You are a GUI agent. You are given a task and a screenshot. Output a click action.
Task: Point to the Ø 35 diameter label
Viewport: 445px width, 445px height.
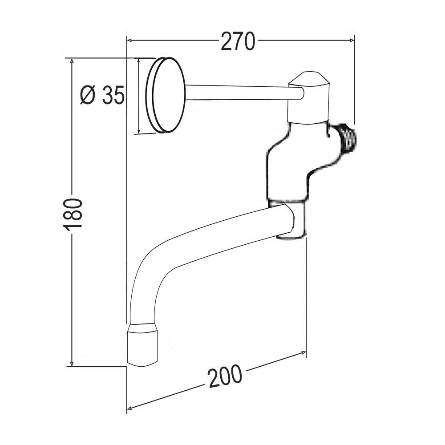[102, 95]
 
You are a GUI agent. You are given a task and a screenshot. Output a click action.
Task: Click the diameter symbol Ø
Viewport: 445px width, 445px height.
[88, 95]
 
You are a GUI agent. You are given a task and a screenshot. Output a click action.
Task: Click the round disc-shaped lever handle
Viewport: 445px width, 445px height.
[166, 95]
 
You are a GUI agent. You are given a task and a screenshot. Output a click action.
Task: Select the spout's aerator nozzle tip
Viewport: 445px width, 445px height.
[142, 345]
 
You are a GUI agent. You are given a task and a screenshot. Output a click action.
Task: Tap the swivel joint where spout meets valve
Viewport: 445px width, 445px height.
[291, 220]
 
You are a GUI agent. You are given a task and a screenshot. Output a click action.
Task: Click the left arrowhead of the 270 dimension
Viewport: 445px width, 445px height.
[130, 40]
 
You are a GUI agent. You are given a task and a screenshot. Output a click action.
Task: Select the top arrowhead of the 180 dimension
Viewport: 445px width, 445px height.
[72, 61]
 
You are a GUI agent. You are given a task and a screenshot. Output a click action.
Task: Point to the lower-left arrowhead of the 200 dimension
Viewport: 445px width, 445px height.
[130, 408]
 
